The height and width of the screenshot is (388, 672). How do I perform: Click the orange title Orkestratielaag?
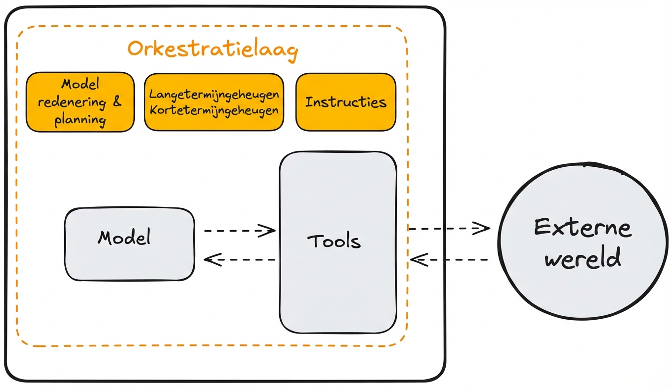pos(212,49)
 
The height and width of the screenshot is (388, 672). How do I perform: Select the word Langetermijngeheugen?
pos(214,94)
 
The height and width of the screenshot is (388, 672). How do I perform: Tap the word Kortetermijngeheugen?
pos(214,110)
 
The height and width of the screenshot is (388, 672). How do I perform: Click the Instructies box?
pos(345,102)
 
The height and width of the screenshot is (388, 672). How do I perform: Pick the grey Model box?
pos(129,244)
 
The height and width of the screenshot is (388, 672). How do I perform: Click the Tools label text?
pos(334,242)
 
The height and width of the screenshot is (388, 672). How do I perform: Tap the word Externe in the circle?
pos(583,228)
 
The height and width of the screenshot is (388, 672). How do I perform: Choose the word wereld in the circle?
pos(583,259)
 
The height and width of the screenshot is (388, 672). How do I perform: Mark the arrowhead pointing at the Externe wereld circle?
pos(483,228)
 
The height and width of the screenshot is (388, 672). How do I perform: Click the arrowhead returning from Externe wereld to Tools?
pos(417,259)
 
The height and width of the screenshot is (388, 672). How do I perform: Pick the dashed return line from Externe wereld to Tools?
pos(455,259)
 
